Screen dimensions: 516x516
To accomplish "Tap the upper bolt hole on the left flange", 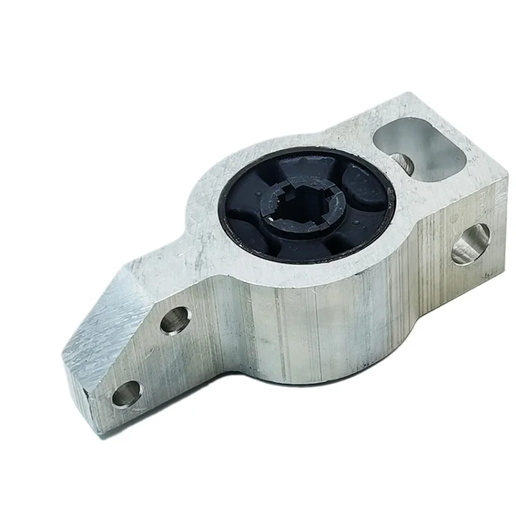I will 175,320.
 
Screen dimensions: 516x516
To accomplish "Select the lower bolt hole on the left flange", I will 126,393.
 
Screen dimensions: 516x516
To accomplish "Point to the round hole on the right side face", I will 470,244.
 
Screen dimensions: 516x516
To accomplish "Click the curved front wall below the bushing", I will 310,322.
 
